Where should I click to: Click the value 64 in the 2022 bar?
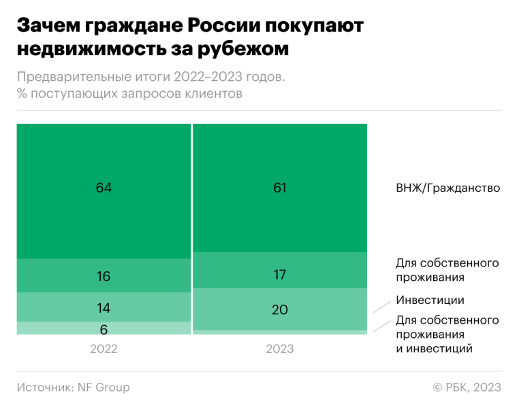click(104, 188)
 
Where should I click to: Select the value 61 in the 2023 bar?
click(280, 188)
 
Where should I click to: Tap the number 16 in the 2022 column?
click(104, 276)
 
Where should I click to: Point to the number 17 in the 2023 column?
click(280, 275)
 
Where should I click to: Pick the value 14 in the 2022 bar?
click(104, 308)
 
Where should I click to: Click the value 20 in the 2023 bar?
click(280, 309)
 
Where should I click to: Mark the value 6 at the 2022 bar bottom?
click(104, 330)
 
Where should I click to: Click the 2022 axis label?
click(104, 349)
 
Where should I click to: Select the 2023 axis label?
click(280, 349)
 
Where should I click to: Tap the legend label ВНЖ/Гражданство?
click(447, 188)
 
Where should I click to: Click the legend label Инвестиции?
click(430, 300)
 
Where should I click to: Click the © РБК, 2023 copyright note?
click(467, 388)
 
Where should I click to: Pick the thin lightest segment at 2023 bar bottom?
click(280, 333)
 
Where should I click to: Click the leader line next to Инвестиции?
click(381, 306)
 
